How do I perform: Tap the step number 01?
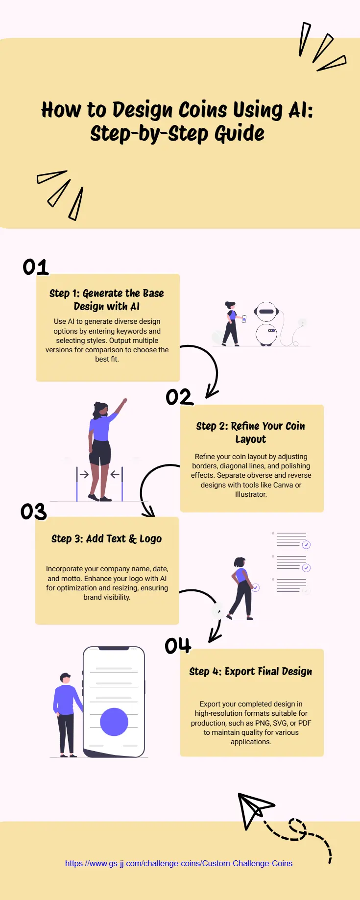tap(36, 267)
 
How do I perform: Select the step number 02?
tap(179, 397)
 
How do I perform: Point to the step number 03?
tap(34, 512)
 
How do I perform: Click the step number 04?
tap(178, 645)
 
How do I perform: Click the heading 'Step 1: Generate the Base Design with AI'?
tap(107, 300)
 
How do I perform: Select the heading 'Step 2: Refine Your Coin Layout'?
tap(251, 433)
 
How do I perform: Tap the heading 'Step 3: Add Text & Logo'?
tap(107, 539)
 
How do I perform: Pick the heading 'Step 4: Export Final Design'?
tap(251, 672)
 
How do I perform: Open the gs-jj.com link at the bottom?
tap(179, 863)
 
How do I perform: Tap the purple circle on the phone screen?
tap(114, 722)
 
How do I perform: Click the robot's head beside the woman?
tap(266, 312)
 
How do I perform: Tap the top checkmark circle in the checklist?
tap(306, 544)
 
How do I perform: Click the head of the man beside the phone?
tap(65, 679)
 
